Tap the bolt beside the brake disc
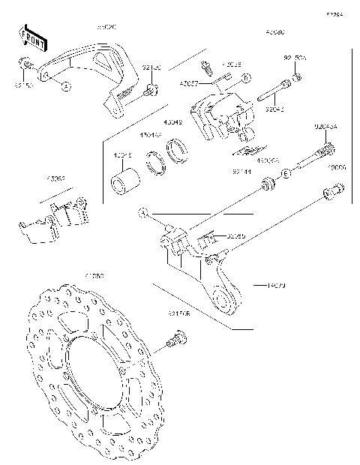coord(175,344)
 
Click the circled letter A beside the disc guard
coord(65,86)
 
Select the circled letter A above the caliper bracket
coord(142,214)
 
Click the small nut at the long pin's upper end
coord(298,76)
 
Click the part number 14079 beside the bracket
coord(275,285)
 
